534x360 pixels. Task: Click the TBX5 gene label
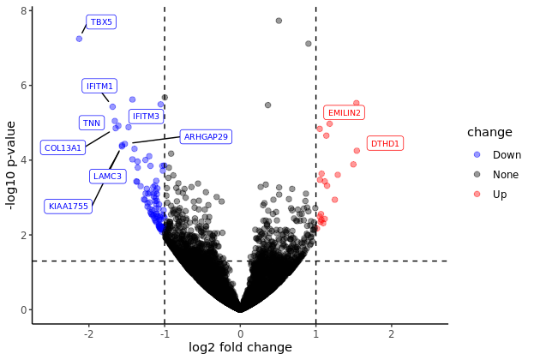tap(101, 22)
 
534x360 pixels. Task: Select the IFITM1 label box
tap(99, 86)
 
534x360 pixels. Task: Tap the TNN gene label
tap(92, 123)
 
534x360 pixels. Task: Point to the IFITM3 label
tap(146, 117)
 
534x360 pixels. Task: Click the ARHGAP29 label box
tap(206, 137)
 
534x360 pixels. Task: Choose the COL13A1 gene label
tap(63, 147)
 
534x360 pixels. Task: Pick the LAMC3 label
tap(108, 176)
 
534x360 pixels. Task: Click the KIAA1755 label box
tap(68, 207)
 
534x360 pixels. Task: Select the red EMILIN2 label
tap(345, 113)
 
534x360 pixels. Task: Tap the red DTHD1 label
tap(385, 143)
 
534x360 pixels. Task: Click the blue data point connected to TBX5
tap(79, 39)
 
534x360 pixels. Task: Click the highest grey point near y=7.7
tap(279, 21)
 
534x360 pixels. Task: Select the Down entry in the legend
tap(497, 155)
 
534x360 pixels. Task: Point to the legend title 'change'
tap(489, 132)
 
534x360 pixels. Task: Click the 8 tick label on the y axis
tap(23, 11)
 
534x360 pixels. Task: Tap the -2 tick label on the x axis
tap(88, 333)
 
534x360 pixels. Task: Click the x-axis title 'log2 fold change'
tap(240, 347)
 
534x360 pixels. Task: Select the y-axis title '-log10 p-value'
tap(11, 165)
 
